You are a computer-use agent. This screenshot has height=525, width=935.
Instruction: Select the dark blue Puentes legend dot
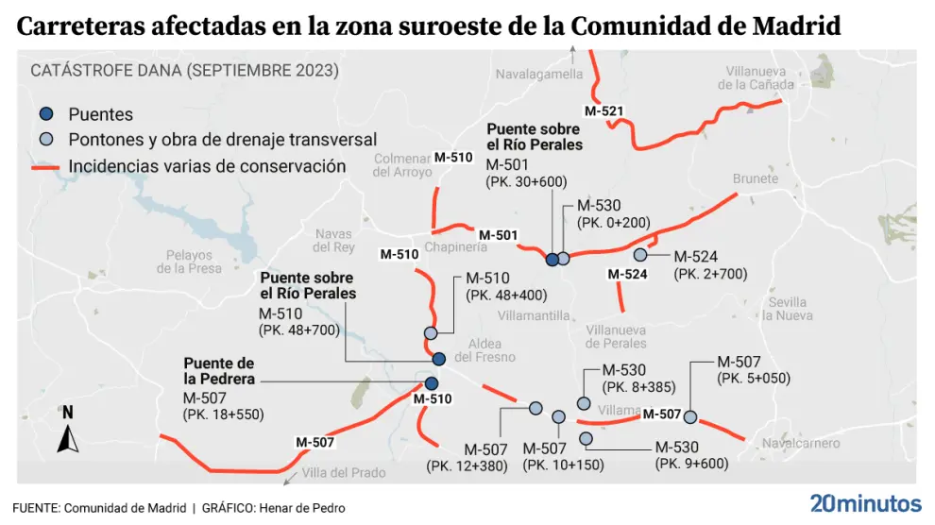pos(45,114)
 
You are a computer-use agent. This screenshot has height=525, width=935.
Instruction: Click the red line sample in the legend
pos(45,167)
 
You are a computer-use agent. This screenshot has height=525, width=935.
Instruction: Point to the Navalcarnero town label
pos(800,442)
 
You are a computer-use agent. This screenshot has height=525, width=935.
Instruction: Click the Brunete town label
pos(755,178)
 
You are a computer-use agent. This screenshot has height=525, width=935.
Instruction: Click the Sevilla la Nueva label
pos(787,309)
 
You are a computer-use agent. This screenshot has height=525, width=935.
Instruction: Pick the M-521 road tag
pos(603,111)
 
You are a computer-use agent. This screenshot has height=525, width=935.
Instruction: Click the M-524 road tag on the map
pos(627,274)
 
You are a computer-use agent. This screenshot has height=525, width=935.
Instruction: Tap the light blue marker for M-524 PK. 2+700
pos(639,255)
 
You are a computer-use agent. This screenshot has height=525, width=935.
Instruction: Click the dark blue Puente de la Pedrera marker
pos(432,383)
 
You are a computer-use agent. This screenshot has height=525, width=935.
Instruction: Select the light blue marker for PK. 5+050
pos(690,416)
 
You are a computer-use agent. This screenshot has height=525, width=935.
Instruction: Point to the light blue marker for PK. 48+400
pos(431,333)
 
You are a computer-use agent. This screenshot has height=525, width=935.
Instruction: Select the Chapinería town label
pos(456,246)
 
